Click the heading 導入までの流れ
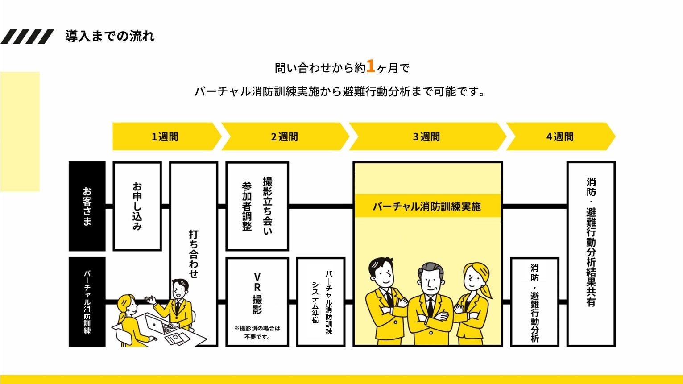[110, 36]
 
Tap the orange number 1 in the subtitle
[370, 66]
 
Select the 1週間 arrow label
[165, 137]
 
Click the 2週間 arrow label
[284, 137]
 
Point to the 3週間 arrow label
[426, 137]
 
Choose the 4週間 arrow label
[560, 137]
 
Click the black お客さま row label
[87, 206]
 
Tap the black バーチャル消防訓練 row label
[87, 301]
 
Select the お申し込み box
[137, 206]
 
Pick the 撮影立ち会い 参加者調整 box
[257, 206]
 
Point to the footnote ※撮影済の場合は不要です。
[257, 333]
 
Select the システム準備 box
[321, 301]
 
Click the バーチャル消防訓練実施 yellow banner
[427, 206]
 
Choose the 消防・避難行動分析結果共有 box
[591, 253]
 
